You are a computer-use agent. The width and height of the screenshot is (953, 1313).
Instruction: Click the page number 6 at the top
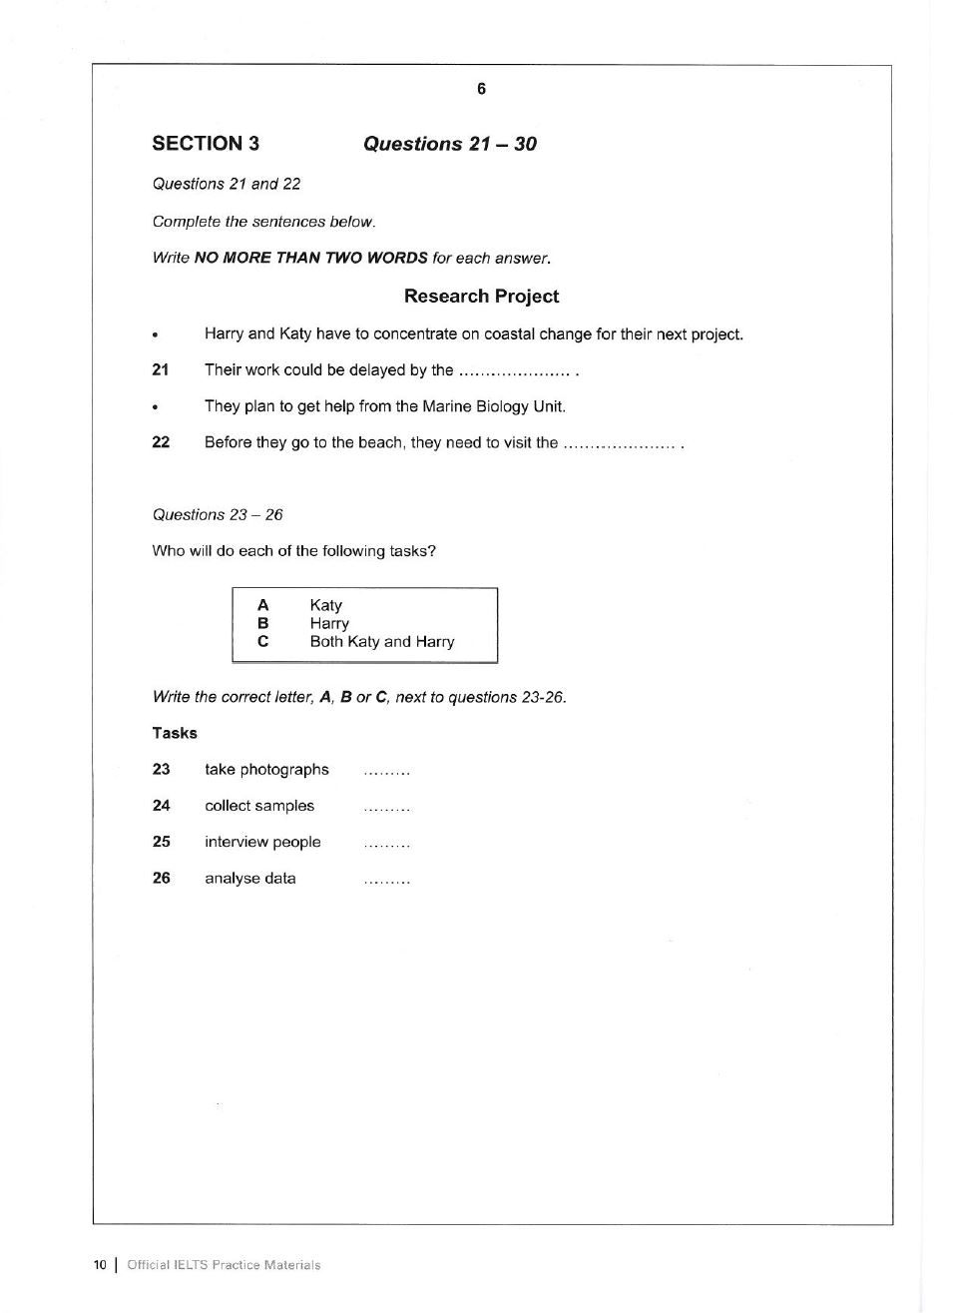point(481,89)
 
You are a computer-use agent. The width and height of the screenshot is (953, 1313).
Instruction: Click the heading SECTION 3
point(206,143)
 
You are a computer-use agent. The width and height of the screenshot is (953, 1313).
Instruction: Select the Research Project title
point(481,296)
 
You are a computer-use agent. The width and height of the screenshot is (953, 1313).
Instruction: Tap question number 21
point(161,369)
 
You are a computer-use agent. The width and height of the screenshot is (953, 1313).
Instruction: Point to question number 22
point(161,442)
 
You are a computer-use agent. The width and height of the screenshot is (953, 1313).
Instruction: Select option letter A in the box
point(262,605)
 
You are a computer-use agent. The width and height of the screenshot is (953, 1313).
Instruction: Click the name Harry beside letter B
point(329,623)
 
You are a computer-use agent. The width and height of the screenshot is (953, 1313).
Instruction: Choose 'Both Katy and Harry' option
point(382,641)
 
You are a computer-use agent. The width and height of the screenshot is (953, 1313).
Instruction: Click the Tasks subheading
point(175,733)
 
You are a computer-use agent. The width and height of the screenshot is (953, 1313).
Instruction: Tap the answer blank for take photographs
point(387,772)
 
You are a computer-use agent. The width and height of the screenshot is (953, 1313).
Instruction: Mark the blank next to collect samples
point(387,808)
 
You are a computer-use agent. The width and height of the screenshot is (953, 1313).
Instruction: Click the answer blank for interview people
point(387,845)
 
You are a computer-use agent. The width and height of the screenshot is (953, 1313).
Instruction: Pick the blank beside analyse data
point(387,881)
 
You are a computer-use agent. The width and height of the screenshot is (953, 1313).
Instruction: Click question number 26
point(162,878)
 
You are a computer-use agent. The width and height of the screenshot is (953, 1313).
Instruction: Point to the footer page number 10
point(100,1265)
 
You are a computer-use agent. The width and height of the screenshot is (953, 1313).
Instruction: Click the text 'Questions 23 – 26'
point(218,514)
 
